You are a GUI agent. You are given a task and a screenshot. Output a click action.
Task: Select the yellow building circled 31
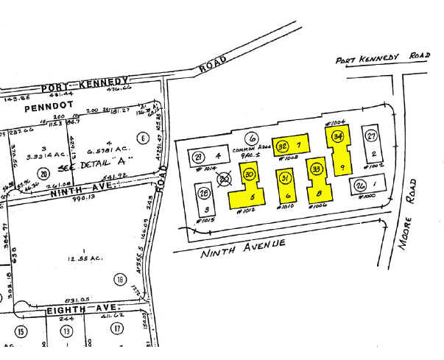[286, 185]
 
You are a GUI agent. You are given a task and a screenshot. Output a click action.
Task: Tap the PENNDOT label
[46, 107]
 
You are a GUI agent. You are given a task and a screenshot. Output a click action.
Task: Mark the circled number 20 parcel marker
[44, 174]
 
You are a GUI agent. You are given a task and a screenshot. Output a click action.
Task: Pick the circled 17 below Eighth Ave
[116, 329]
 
